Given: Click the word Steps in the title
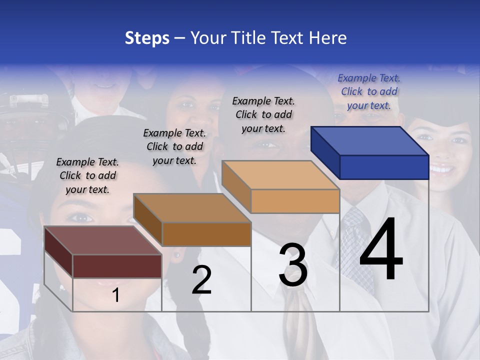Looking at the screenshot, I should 147,38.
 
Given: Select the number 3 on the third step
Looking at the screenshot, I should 293,265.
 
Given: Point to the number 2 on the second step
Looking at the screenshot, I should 201,280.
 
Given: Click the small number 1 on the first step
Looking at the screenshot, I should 116,295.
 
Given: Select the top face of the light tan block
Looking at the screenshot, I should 280,175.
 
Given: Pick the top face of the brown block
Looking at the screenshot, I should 192,208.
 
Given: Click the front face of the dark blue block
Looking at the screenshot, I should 384,167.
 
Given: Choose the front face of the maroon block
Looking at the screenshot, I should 117,266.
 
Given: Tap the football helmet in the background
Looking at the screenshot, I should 30,110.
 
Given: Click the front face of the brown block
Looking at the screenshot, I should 206,234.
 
